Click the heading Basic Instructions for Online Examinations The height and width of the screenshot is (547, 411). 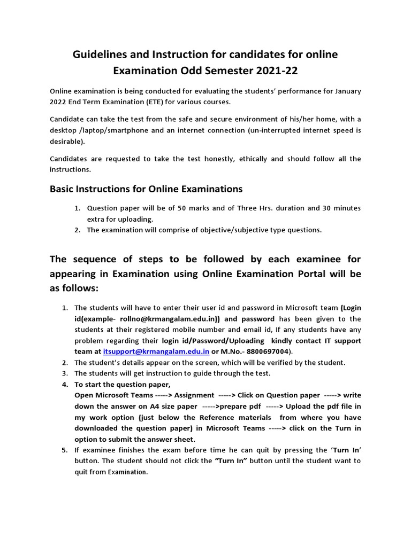coord(146,189)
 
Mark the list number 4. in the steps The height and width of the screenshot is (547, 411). coord(65,384)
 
